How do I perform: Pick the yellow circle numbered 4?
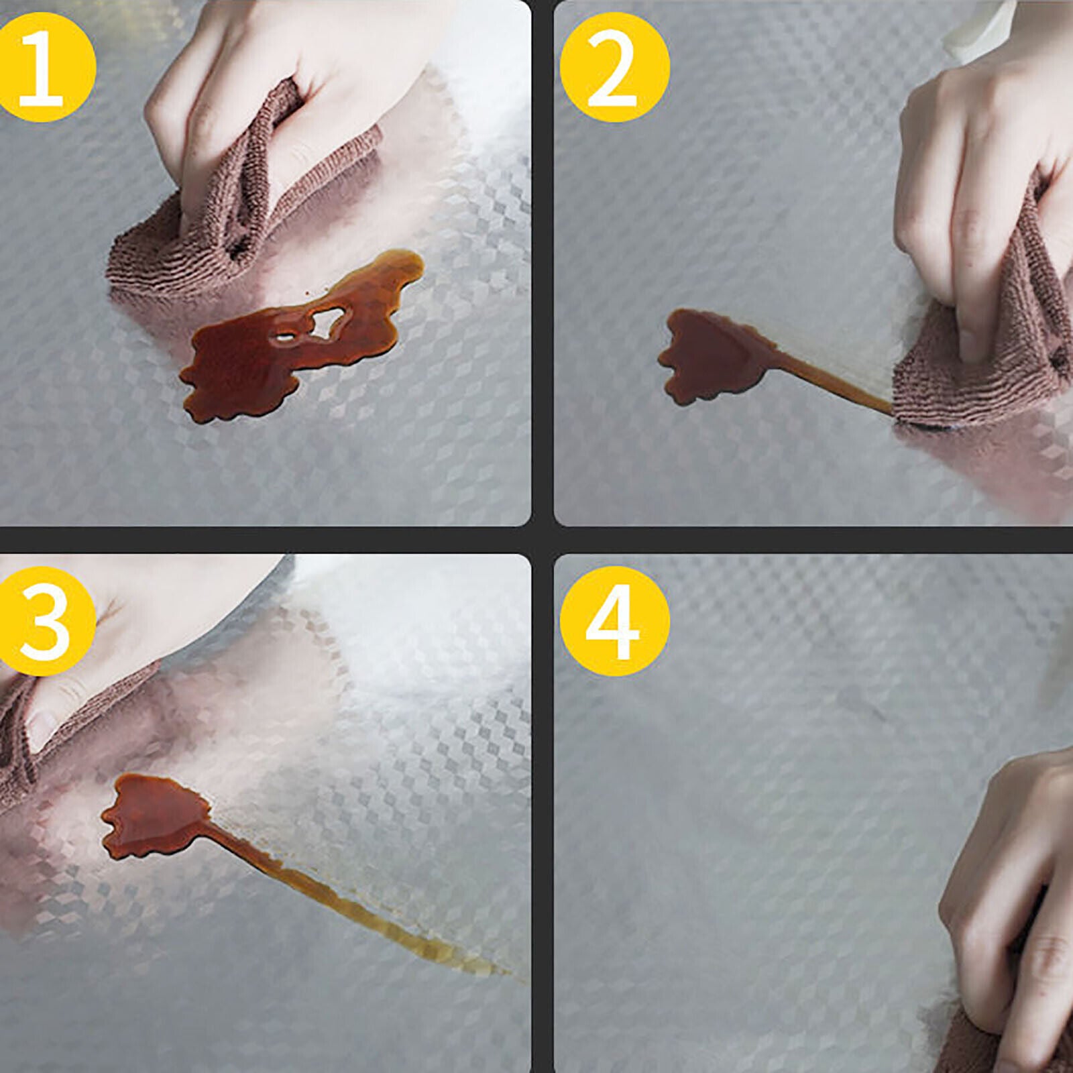tap(614, 621)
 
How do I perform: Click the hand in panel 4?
tap(1006, 892)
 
